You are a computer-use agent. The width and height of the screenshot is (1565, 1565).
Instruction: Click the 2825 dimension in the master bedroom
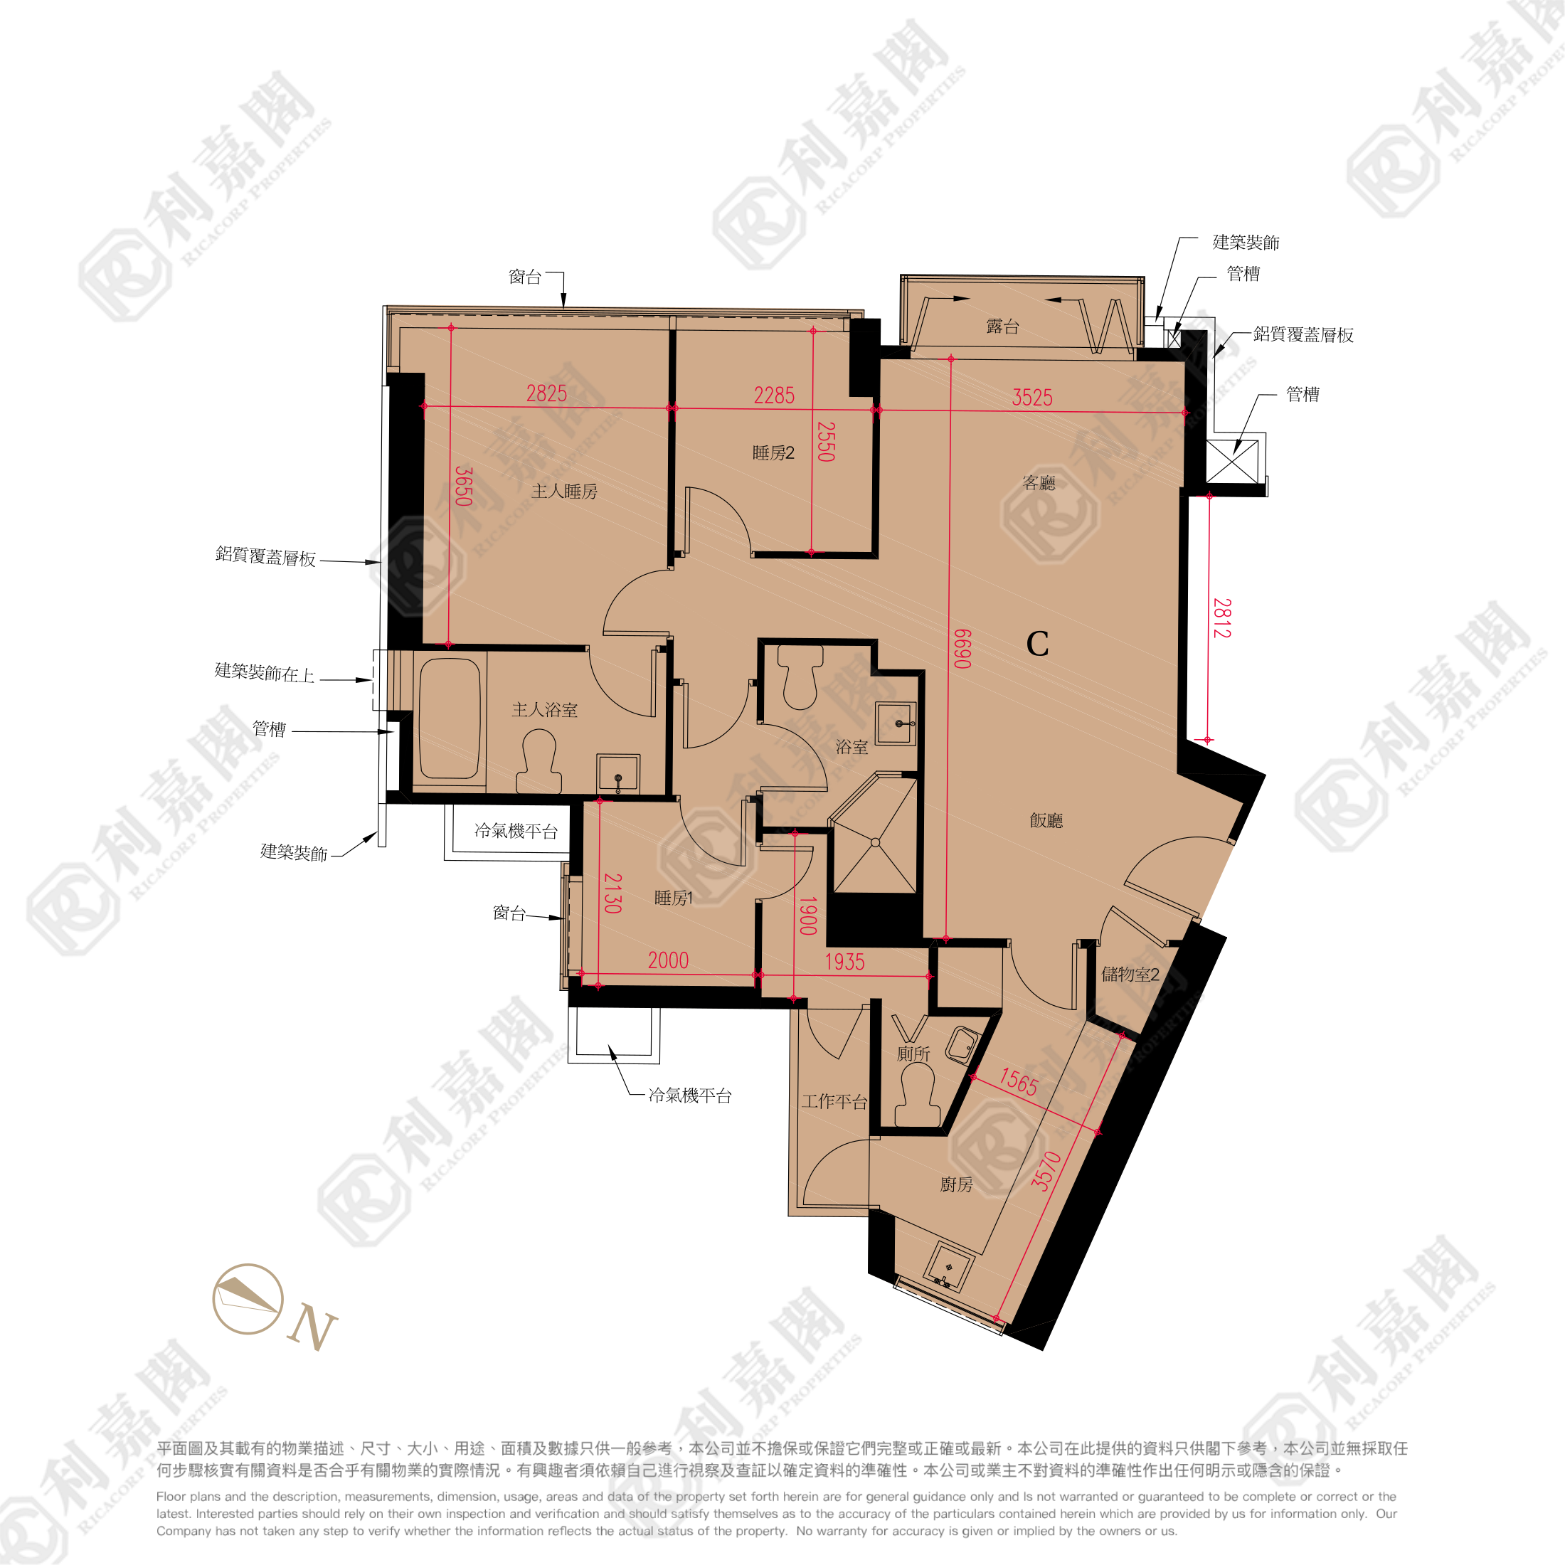click(x=547, y=393)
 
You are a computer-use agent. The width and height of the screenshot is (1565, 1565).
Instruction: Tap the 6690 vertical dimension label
click(x=961, y=649)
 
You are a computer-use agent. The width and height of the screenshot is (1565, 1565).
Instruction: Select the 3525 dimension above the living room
click(x=1032, y=397)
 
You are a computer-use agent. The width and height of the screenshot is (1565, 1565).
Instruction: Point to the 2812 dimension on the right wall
click(x=1221, y=618)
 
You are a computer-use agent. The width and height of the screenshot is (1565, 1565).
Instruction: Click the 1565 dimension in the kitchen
click(x=1018, y=1081)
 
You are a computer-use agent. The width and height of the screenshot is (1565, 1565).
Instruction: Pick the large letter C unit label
click(x=1037, y=644)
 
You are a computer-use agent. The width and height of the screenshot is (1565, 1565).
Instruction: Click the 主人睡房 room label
click(x=564, y=492)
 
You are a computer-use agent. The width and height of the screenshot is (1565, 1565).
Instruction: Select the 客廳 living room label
click(x=1039, y=484)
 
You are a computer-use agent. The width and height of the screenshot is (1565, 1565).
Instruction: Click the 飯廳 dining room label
click(x=1046, y=821)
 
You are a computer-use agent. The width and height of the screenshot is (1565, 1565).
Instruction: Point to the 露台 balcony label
click(x=1002, y=327)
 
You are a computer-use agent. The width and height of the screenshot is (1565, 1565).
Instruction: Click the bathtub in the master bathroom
click(x=450, y=718)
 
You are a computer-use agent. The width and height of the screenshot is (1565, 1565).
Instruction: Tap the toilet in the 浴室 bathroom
click(x=800, y=678)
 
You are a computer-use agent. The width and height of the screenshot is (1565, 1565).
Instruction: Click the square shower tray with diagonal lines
click(x=875, y=842)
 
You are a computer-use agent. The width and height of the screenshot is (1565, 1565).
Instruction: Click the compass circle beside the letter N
click(x=248, y=1298)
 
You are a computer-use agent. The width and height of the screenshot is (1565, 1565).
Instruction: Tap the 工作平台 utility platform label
click(x=834, y=1102)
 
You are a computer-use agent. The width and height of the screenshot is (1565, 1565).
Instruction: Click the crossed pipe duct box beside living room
click(x=1232, y=461)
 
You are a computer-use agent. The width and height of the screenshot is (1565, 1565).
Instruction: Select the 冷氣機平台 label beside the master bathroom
click(x=515, y=831)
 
